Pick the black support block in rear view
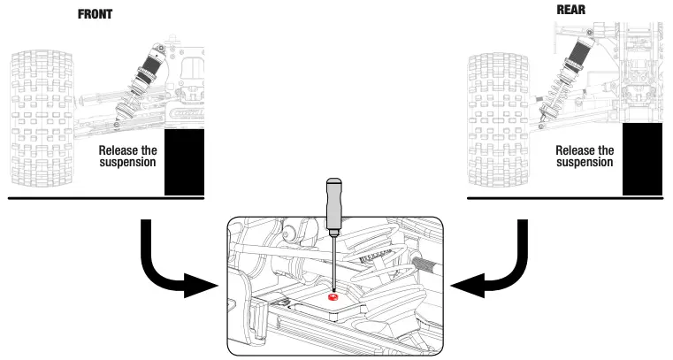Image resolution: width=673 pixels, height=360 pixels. (642, 160)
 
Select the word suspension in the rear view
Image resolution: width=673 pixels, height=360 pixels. (585, 163)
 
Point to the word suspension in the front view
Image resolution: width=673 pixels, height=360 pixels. (128, 163)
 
